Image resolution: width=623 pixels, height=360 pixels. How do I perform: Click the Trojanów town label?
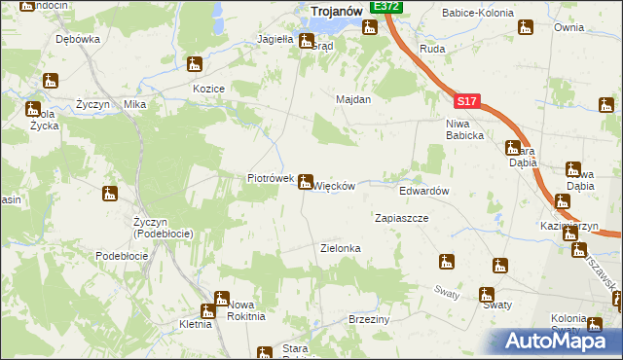[x=336, y=11]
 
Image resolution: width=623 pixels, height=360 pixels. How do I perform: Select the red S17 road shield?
[x=466, y=99]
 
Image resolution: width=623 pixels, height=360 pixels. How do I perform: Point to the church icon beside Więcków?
[x=306, y=181]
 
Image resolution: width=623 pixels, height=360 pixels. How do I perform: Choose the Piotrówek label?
[x=270, y=179]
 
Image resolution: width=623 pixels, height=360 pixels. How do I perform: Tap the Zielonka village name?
[x=341, y=248]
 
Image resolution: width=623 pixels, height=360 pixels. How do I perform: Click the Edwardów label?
[x=423, y=192]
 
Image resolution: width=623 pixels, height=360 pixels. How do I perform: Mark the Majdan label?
[x=353, y=99]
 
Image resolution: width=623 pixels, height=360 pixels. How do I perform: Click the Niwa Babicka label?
[x=465, y=128]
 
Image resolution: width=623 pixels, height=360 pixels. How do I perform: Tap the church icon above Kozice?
[x=196, y=66]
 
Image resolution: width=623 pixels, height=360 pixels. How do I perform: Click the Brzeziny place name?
[x=368, y=319]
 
